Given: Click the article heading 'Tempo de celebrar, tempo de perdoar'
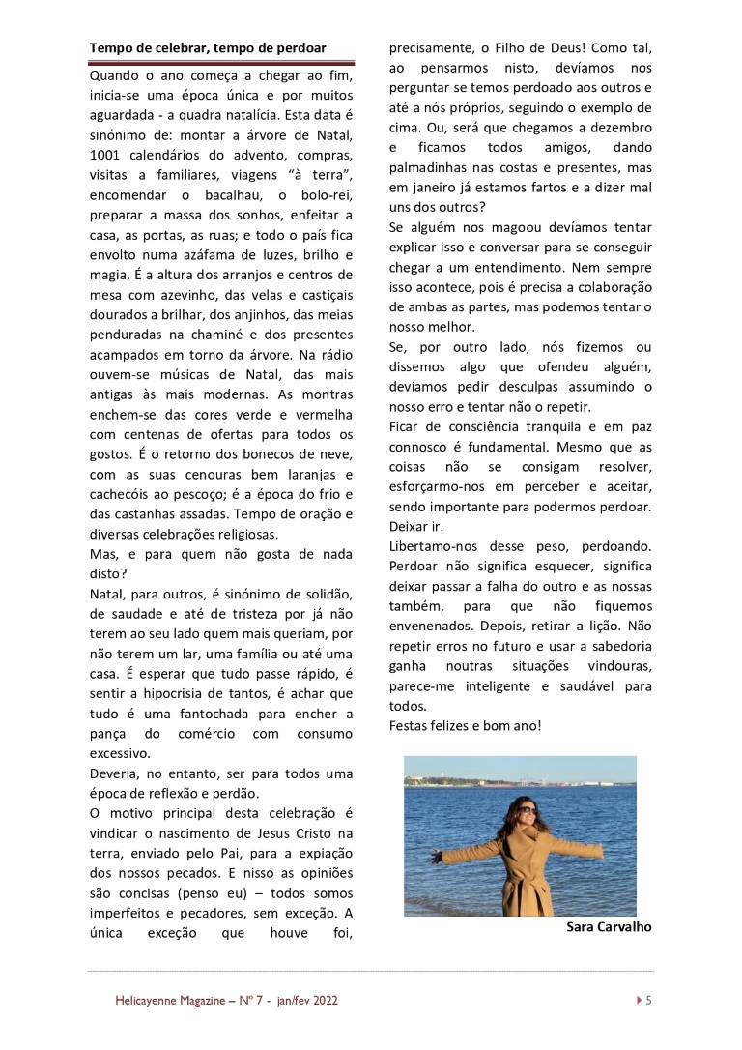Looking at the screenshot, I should tap(208, 47).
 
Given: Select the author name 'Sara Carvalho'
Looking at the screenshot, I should tap(609, 927).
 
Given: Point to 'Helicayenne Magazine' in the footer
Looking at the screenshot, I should tap(165, 1001).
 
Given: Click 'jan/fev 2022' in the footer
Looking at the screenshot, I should tap(306, 1001).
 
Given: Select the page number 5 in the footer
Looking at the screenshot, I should tap(648, 1001).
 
